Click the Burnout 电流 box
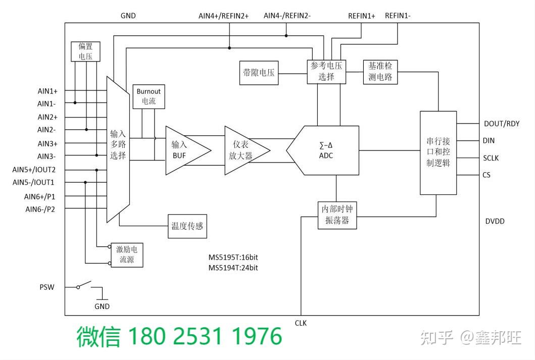149,96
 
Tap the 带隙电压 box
259,72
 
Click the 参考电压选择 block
326,72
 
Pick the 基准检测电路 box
380,72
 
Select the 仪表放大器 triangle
242,150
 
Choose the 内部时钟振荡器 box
336,215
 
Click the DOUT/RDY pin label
501,124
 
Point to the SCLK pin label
491,158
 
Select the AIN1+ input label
47,91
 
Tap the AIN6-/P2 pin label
40,209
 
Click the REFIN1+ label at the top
361,16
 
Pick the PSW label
47,287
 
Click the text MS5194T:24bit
233,268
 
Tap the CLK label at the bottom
301,323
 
